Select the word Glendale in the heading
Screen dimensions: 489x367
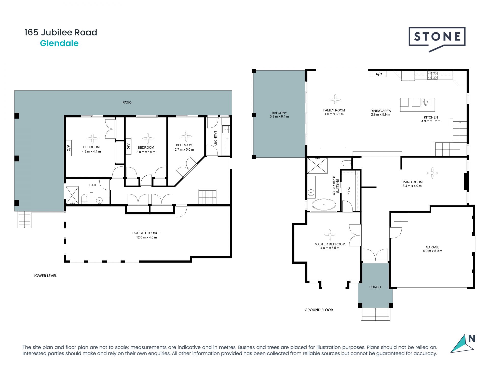tap(59, 43)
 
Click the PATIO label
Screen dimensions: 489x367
tap(127, 102)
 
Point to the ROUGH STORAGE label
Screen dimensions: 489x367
tap(146, 233)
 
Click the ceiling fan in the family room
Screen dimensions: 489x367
tap(335, 100)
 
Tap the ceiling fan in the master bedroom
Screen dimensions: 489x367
tap(330, 235)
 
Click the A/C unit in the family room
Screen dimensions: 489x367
tap(379, 74)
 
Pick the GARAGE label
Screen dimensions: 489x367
tap(432, 247)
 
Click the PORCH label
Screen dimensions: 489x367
tap(375, 287)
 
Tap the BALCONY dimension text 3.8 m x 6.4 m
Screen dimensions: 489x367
tap(279, 116)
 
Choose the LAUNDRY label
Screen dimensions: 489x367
tap(215, 138)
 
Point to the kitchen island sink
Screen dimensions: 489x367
tap(426, 102)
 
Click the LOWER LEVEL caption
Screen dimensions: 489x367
tap(45, 276)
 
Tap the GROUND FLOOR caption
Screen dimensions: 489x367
tap(319, 310)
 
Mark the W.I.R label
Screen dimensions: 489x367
tap(349, 191)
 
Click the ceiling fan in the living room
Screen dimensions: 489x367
tap(432, 173)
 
